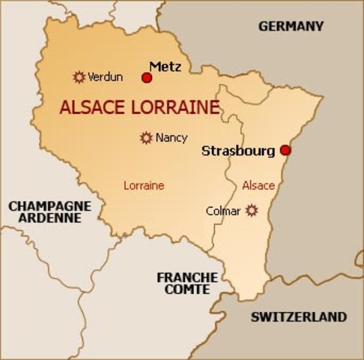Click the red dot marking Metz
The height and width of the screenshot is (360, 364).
tap(147, 77)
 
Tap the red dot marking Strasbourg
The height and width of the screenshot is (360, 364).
tap(285, 150)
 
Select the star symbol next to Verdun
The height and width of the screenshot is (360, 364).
tap(79, 76)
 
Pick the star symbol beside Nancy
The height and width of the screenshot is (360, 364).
tap(146, 137)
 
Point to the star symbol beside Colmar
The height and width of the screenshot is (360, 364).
tap(252, 211)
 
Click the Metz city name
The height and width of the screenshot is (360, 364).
tap(166, 66)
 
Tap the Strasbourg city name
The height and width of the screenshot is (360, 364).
tap(238, 151)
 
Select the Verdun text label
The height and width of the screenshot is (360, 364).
tap(105, 76)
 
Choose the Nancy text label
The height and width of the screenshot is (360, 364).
tap(172, 138)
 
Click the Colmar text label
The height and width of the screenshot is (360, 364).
tap(223, 211)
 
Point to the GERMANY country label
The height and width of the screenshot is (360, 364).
tap(291, 26)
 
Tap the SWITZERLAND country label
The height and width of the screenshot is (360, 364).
tap(299, 316)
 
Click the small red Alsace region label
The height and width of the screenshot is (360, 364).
tap(258, 185)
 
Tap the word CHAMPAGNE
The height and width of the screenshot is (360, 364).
tap(49, 205)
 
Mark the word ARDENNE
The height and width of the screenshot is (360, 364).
tap(49, 218)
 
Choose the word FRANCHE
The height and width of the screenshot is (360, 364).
tap(187, 277)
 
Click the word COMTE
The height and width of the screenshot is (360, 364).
tap(187, 289)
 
